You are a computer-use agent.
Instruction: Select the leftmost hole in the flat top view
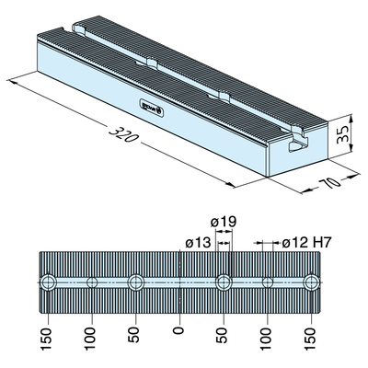point(47,282)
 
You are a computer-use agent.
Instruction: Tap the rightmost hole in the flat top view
point(313,282)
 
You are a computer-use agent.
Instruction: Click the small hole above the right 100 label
point(268,282)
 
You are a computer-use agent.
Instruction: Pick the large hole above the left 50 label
point(135,282)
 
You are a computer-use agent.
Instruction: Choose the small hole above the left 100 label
point(91,282)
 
